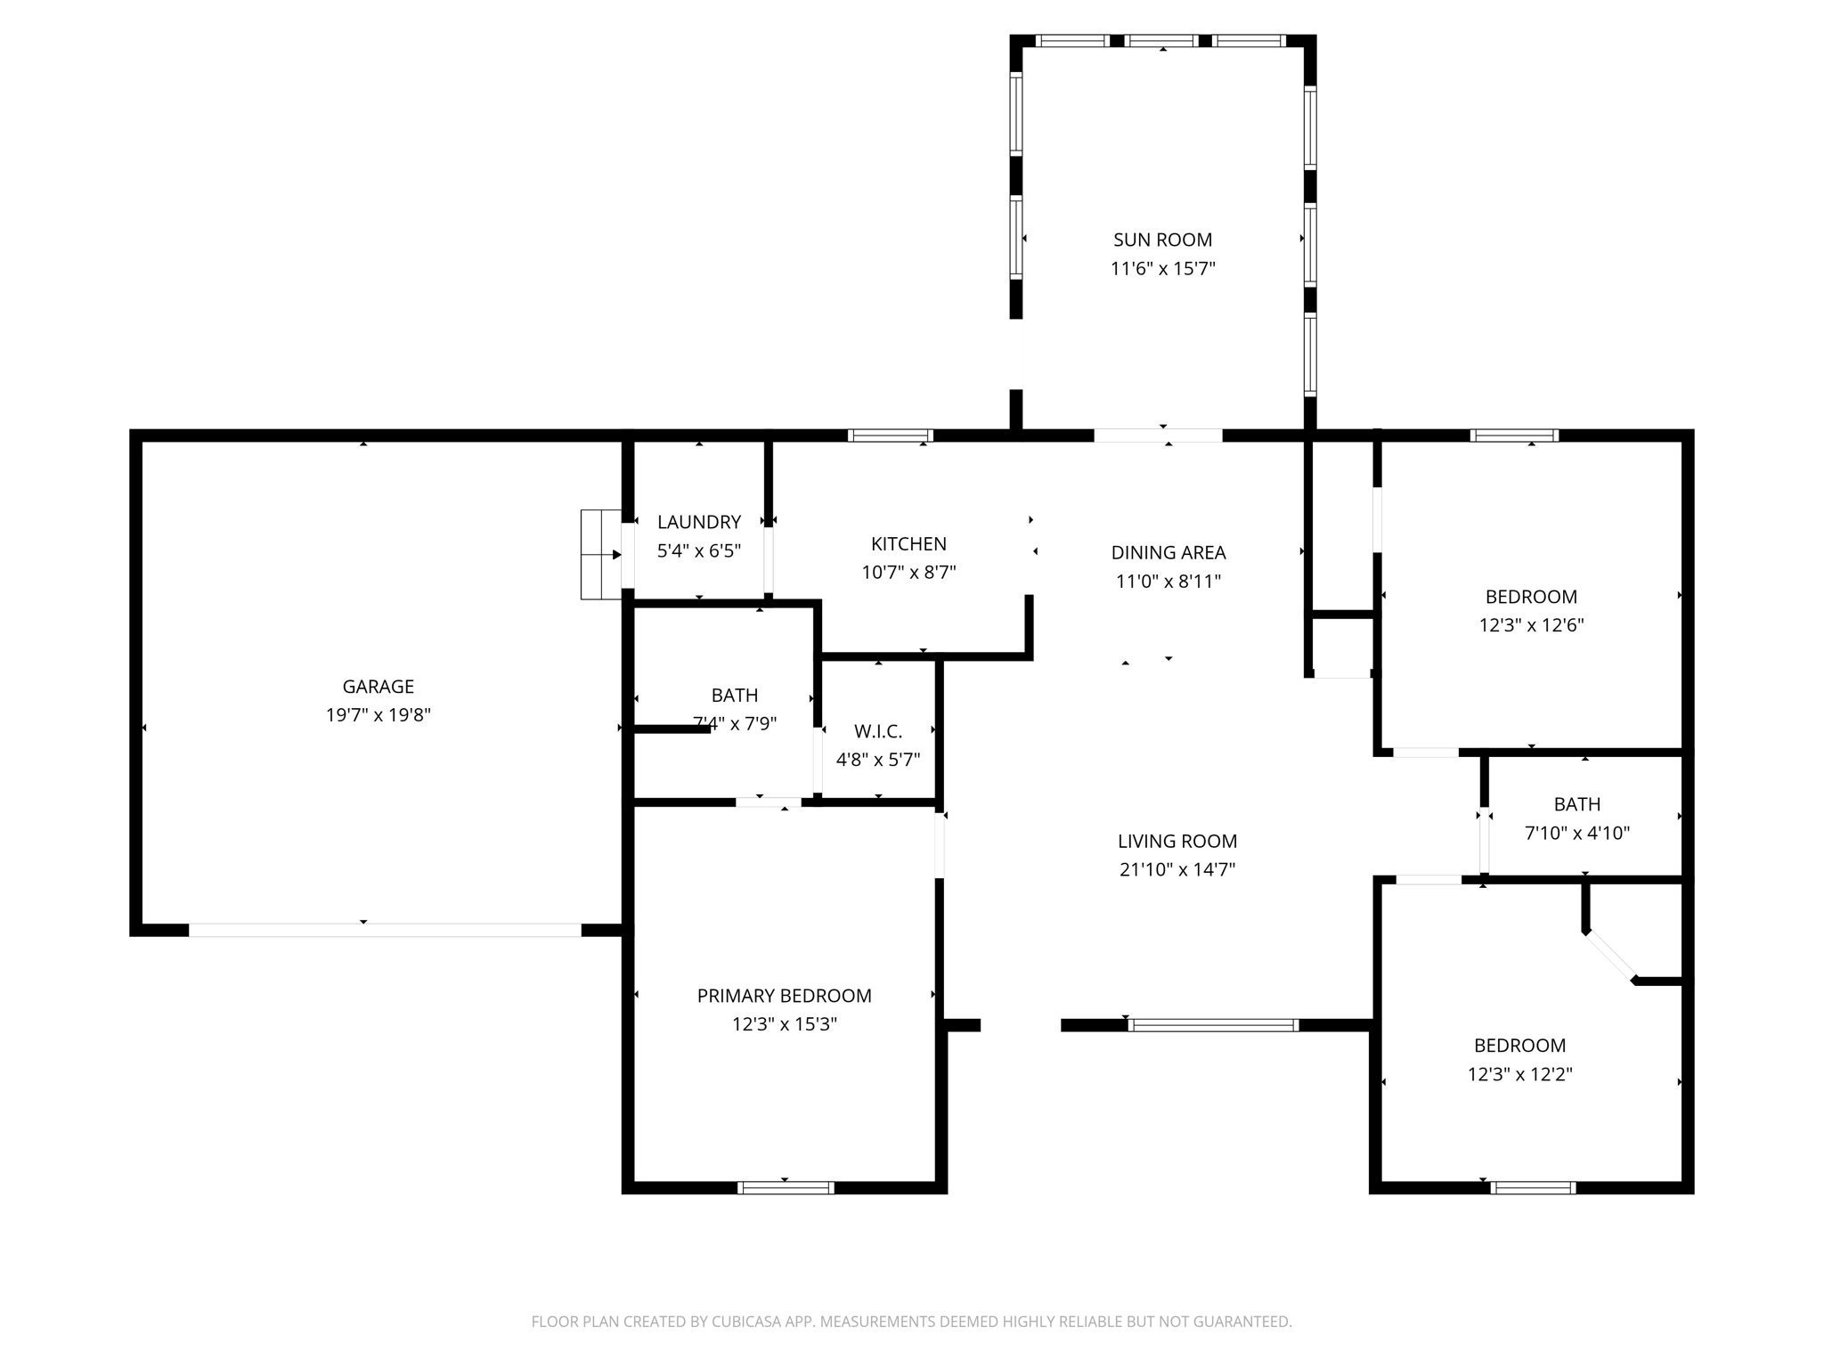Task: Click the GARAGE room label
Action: [x=379, y=687]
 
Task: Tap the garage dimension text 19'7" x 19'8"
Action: [x=379, y=715]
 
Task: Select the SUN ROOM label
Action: [x=1162, y=240]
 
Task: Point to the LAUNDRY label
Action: [x=699, y=522]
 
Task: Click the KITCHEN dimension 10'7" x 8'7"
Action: [x=908, y=572]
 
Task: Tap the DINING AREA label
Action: [x=1168, y=552]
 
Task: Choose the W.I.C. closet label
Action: [x=878, y=731]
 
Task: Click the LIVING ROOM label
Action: [x=1177, y=841]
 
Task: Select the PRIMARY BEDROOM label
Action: [x=785, y=996]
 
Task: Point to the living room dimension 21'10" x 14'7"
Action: [x=1177, y=869]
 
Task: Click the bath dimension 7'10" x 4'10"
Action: [x=1577, y=833]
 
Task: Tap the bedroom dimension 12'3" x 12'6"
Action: [x=1532, y=625]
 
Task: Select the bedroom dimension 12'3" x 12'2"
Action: [x=1520, y=1074]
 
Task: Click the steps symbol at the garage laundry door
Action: [x=601, y=555]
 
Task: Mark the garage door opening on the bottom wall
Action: [x=385, y=930]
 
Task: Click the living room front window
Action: [x=1213, y=1025]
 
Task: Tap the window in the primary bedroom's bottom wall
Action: [x=786, y=1187]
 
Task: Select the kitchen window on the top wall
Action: [x=890, y=436]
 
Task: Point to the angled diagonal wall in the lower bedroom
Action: [x=1609, y=957]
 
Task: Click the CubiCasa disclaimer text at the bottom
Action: [x=911, y=1322]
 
